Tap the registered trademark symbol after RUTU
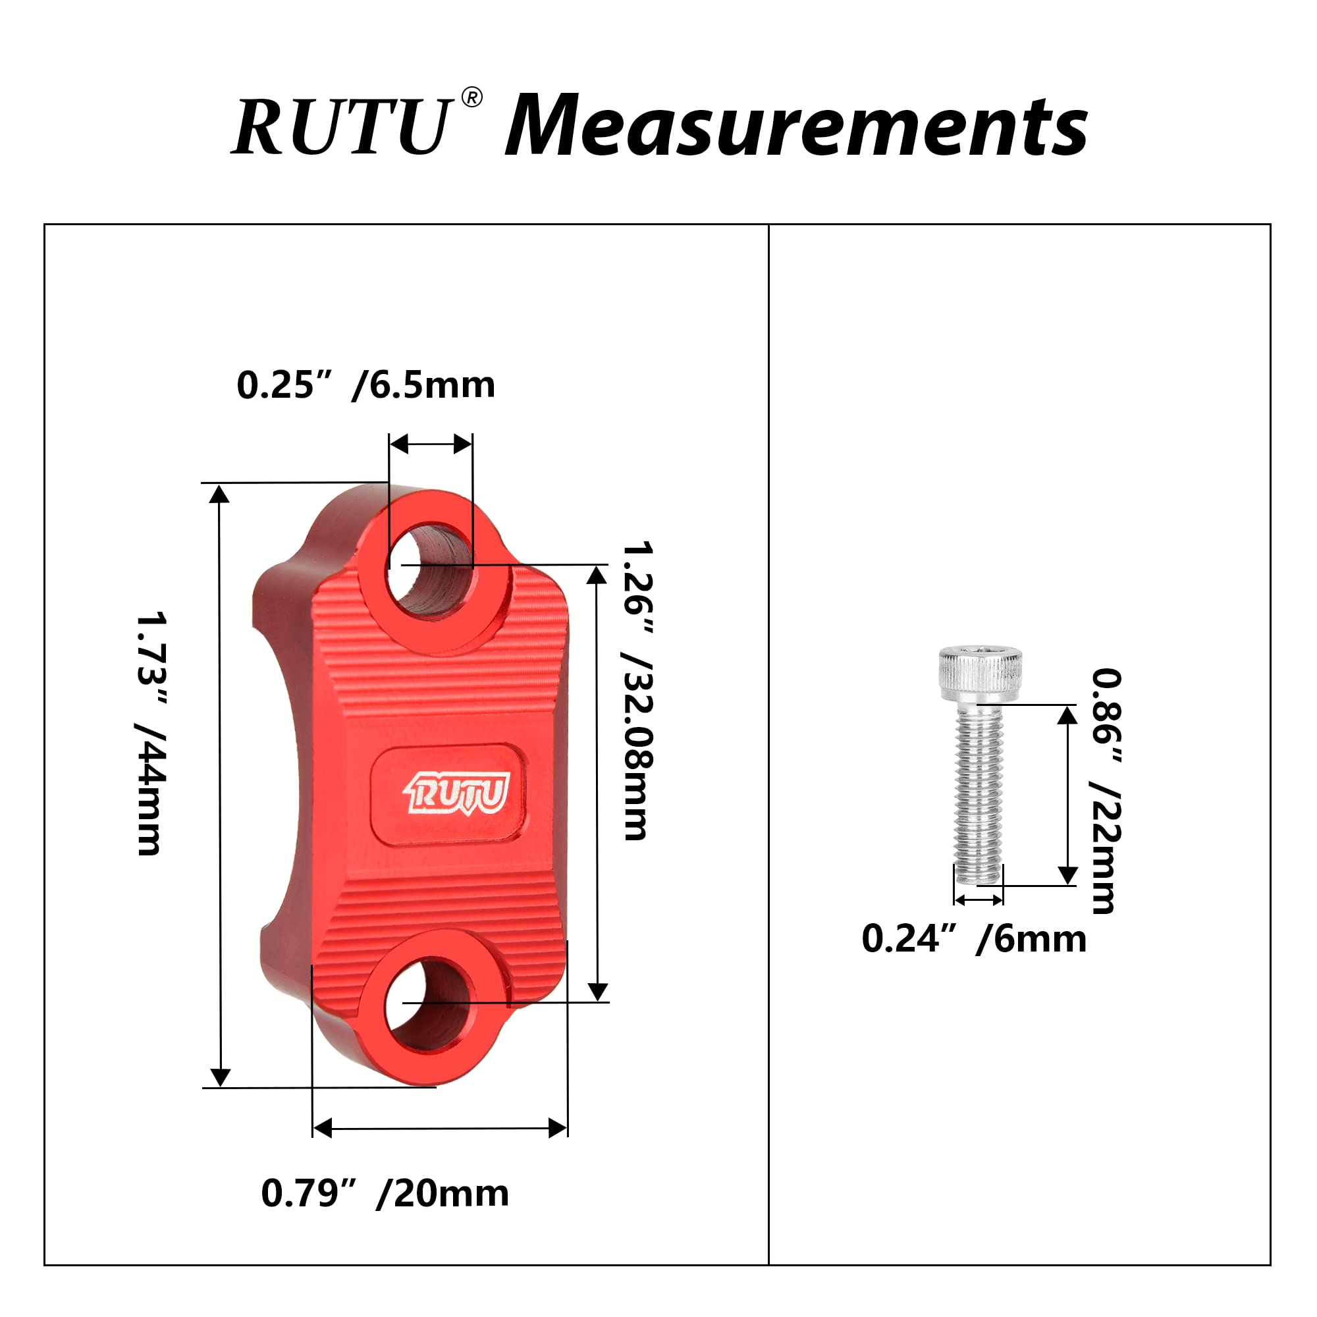click(471, 98)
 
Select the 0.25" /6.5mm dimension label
click(365, 385)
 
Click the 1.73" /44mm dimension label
click(151, 734)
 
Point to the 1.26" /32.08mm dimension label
click(638, 690)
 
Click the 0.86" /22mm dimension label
click(1106, 791)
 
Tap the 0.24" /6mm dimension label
click(973, 940)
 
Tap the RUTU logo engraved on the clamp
click(457, 793)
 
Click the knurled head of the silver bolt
click(981, 674)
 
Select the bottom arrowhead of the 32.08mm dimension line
click(598, 992)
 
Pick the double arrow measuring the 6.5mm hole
click(430, 444)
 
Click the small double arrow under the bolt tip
click(979, 900)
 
